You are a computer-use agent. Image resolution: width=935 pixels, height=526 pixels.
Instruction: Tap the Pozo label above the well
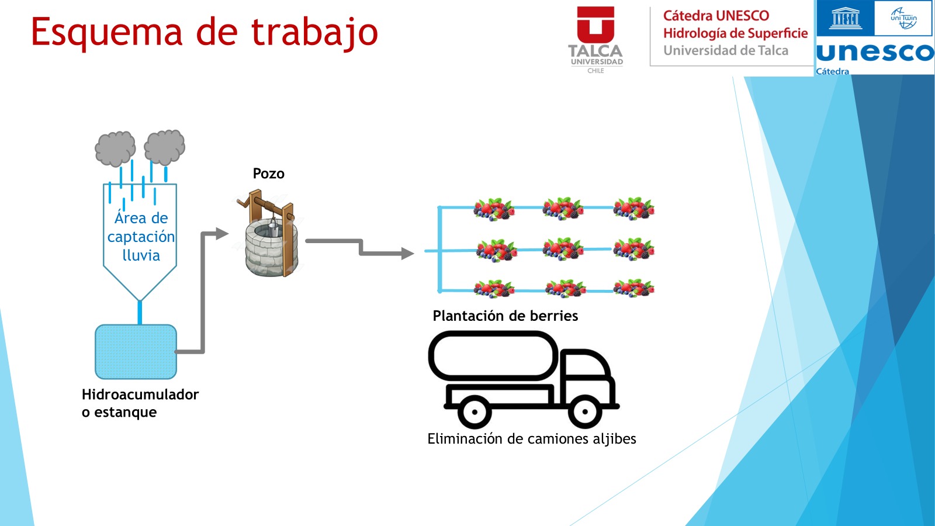click(x=268, y=174)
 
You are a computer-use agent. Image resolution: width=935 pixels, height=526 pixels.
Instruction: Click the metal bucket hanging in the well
click(x=273, y=229)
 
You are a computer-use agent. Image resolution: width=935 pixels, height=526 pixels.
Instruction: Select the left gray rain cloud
click(x=115, y=148)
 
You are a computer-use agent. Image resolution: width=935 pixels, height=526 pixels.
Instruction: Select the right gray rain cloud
click(x=164, y=147)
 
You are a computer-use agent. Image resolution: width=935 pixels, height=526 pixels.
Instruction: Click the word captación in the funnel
click(x=141, y=237)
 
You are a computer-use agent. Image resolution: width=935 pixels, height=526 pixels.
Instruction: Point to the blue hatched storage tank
click(x=136, y=352)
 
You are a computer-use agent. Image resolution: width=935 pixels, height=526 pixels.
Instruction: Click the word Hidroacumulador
click(x=140, y=394)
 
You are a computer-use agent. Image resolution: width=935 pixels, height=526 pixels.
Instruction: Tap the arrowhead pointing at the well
click(x=222, y=233)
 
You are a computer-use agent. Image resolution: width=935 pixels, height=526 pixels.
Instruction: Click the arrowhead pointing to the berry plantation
click(x=407, y=254)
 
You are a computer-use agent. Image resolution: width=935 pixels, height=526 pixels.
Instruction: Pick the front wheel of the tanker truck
click(x=585, y=411)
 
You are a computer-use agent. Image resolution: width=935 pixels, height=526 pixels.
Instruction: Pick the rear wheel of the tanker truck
click(x=475, y=412)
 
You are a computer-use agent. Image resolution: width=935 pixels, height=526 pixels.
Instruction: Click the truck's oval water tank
click(x=494, y=356)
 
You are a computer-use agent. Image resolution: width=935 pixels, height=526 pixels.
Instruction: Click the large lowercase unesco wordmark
click(x=875, y=53)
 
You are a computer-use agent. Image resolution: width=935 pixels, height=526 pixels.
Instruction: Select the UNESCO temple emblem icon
click(x=846, y=18)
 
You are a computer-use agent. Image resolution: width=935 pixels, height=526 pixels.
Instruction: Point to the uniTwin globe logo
click(x=903, y=18)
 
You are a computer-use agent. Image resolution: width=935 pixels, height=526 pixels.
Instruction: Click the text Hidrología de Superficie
click(x=736, y=33)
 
